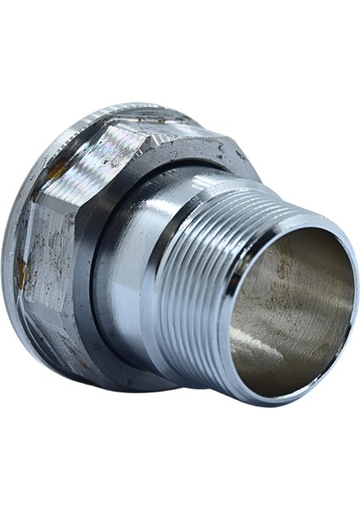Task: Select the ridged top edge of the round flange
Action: [x=127, y=109]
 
